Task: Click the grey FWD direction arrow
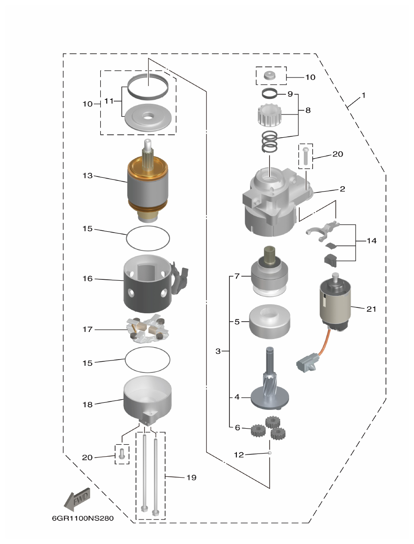78,499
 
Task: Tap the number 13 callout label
87,176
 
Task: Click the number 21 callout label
371,309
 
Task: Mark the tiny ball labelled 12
270,453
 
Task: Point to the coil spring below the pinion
269,142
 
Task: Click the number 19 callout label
191,478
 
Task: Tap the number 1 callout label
364,95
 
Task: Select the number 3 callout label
218,351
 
